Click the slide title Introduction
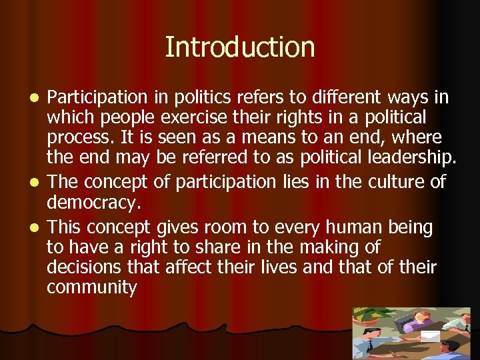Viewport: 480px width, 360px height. pyautogui.click(x=239, y=47)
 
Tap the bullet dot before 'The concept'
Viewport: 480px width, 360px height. pyautogui.click(x=37, y=182)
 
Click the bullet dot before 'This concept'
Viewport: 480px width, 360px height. pyautogui.click(x=37, y=228)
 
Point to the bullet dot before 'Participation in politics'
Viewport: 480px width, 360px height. pyautogui.click(x=37, y=99)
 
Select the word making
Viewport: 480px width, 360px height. pyautogui.click(x=315, y=248)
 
